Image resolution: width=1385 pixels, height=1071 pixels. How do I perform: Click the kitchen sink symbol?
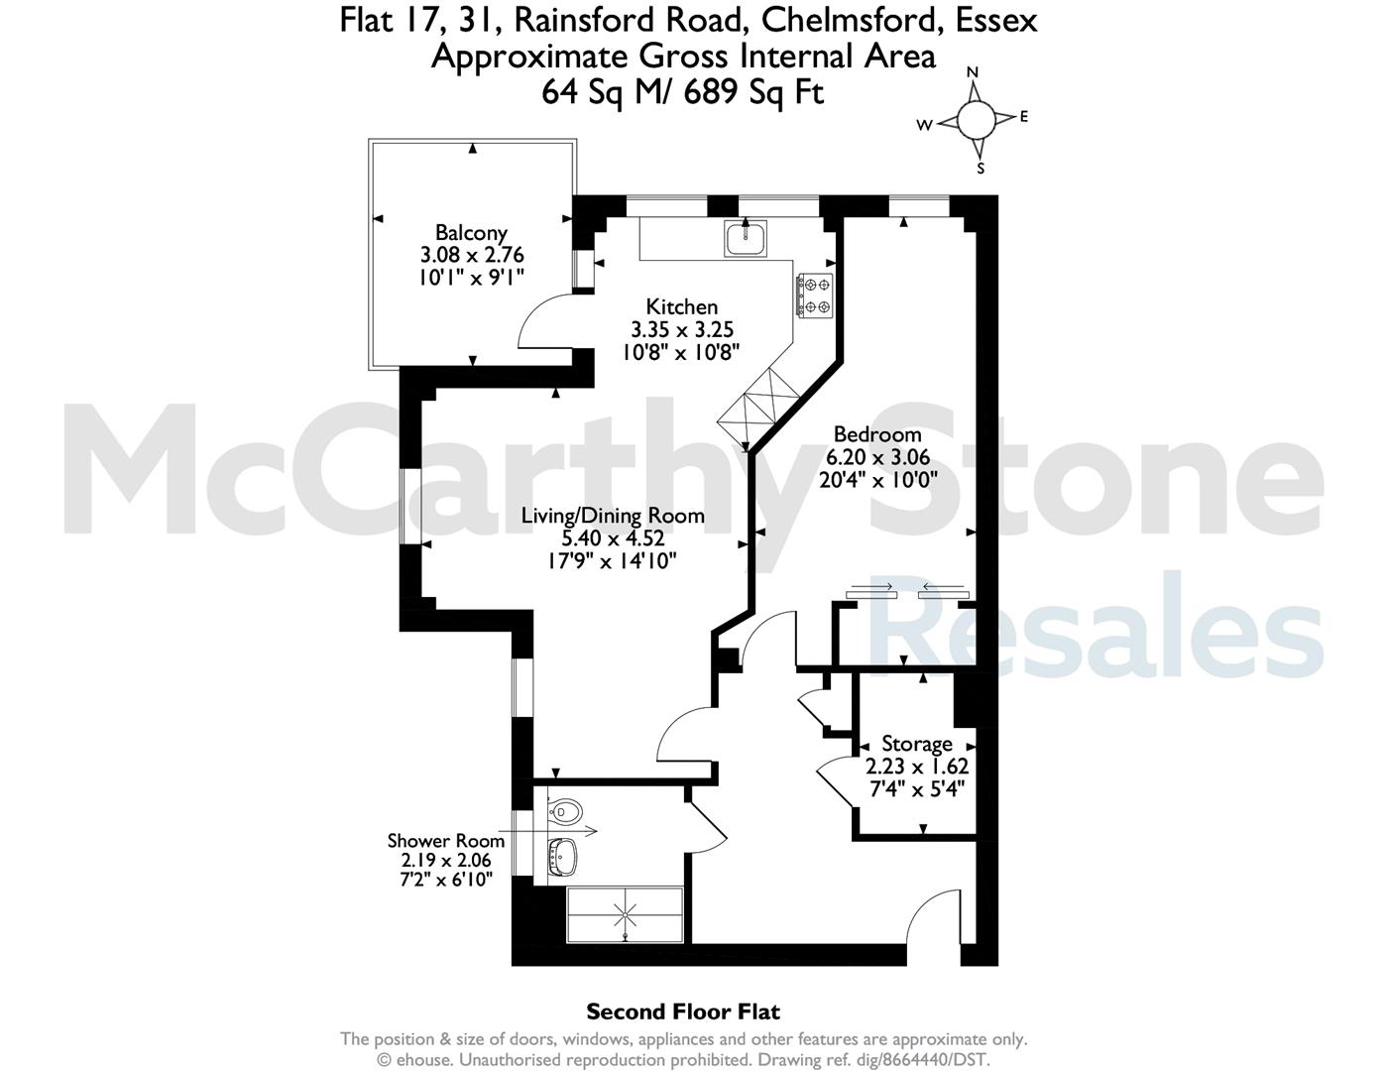click(x=745, y=238)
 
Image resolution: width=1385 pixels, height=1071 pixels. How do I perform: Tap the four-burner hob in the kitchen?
click(x=814, y=295)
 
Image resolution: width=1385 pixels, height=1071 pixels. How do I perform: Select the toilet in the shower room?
click(x=564, y=812)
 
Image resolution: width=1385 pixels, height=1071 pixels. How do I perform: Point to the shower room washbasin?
click(x=563, y=857)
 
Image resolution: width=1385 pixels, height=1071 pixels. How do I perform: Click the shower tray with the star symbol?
click(x=625, y=914)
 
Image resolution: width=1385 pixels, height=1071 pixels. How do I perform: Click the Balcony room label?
click(x=471, y=233)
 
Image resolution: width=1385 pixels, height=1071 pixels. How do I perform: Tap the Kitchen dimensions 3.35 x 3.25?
click(x=682, y=329)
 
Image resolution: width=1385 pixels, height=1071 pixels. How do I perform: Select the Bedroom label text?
click(x=877, y=434)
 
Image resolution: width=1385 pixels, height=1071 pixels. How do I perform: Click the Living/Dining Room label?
click(x=613, y=516)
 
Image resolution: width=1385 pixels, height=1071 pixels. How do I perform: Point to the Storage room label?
click(x=917, y=744)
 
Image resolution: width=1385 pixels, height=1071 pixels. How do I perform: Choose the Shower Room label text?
click(x=446, y=841)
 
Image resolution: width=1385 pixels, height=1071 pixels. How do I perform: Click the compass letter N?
click(x=973, y=72)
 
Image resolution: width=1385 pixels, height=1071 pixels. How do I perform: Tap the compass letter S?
click(x=981, y=169)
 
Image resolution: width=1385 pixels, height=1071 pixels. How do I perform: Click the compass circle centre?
click(x=976, y=121)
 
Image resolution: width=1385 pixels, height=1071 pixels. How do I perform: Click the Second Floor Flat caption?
click(x=683, y=1011)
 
